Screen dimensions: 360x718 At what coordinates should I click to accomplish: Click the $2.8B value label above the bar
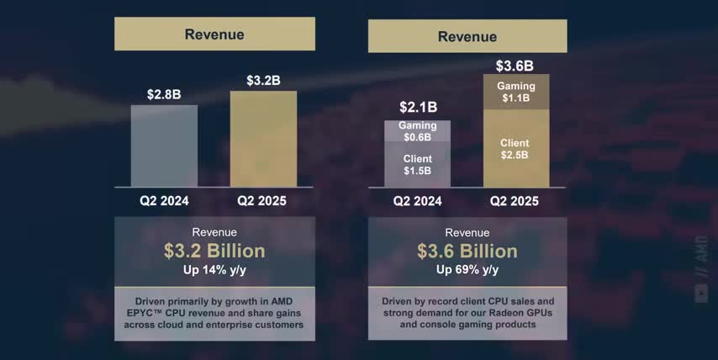pyautogui.click(x=164, y=94)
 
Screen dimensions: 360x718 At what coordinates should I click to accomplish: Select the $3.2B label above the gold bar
pyautogui.click(x=263, y=81)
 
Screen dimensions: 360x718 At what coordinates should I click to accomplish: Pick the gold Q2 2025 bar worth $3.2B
pyautogui.click(x=263, y=139)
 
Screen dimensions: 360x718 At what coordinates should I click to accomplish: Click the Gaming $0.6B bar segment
pyautogui.click(x=417, y=131)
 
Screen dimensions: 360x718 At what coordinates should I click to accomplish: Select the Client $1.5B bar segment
pyautogui.click(x=417, y=165)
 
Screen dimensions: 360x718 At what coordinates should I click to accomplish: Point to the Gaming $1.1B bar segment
pyautogui.click(x=515, y=92)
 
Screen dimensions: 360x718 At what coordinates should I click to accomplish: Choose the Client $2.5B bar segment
pyautogui.click(x=515, y=149)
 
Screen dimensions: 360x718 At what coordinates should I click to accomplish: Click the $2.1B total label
pyautogui.click(x=418, y=107)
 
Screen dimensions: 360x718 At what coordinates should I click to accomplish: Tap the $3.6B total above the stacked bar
pyautogui.click(x=515, y=66)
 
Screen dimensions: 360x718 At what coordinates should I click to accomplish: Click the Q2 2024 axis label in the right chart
pyautogui.click(x=418, y=201)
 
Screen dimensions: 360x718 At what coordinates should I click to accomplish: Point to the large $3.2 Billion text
pyautogui.click(x=214, y=251)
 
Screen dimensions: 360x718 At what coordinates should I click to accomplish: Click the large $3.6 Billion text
pyautogui.click(x=467, y=251)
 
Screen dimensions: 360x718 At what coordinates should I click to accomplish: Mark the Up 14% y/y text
pyautogui.click(x=214, y=270)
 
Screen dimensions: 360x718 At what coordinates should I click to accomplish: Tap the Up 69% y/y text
pyautogui.click(x=467, y=270)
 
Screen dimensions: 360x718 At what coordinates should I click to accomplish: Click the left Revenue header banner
pyautogui.click(x=214, y=34)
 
